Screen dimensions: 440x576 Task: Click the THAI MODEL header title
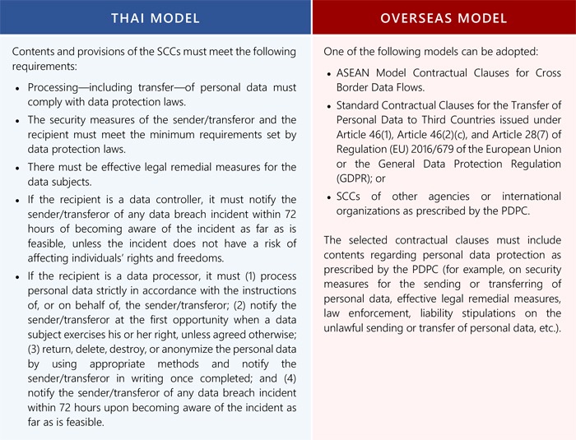tap(156, 17)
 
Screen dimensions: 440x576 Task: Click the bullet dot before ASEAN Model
tap(330, 73)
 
